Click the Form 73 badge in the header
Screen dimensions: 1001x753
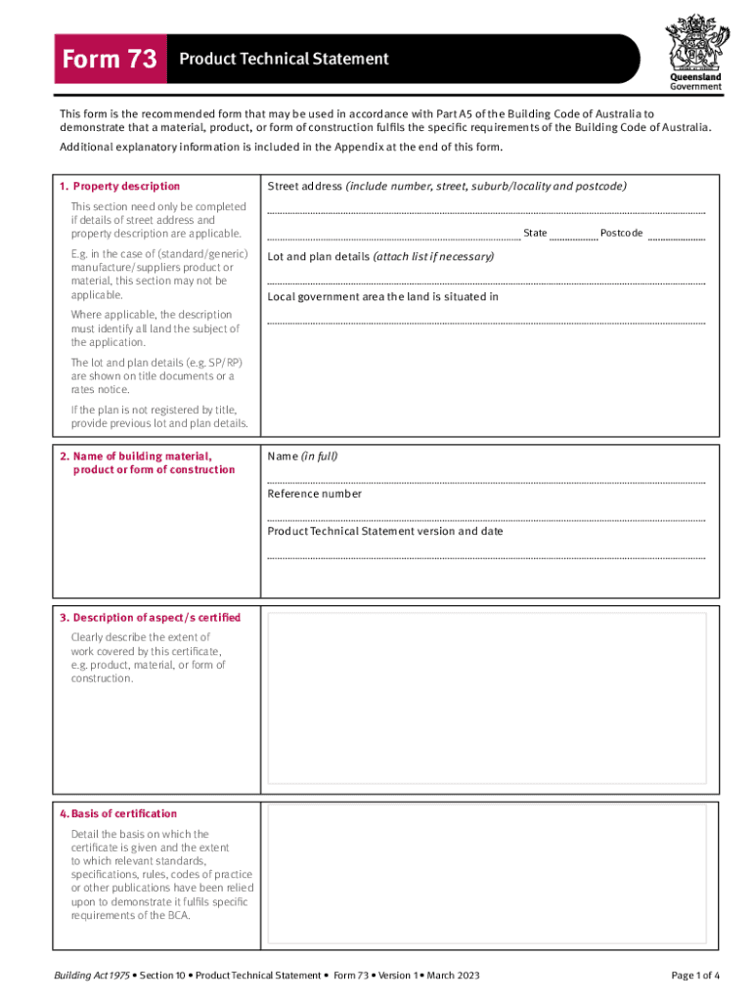pyautogui.click(x=109, y=60)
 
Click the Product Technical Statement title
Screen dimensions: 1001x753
pyautogui.click(x=284, y=59)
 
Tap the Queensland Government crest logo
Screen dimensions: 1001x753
pyautogui.click(x=695, y=43)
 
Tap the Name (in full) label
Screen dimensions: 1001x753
pyautogui.click(x=302, y=456)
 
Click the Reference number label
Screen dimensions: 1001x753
pyautogui.click(x=314, y=494)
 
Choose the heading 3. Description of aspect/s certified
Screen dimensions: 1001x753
pyautogui.click(x=150, y=618)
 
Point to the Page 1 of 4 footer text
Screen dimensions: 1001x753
pyautogui.click(x=695, y=976)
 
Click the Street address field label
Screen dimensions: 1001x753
pyautogui.click(x=305, y=186)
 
